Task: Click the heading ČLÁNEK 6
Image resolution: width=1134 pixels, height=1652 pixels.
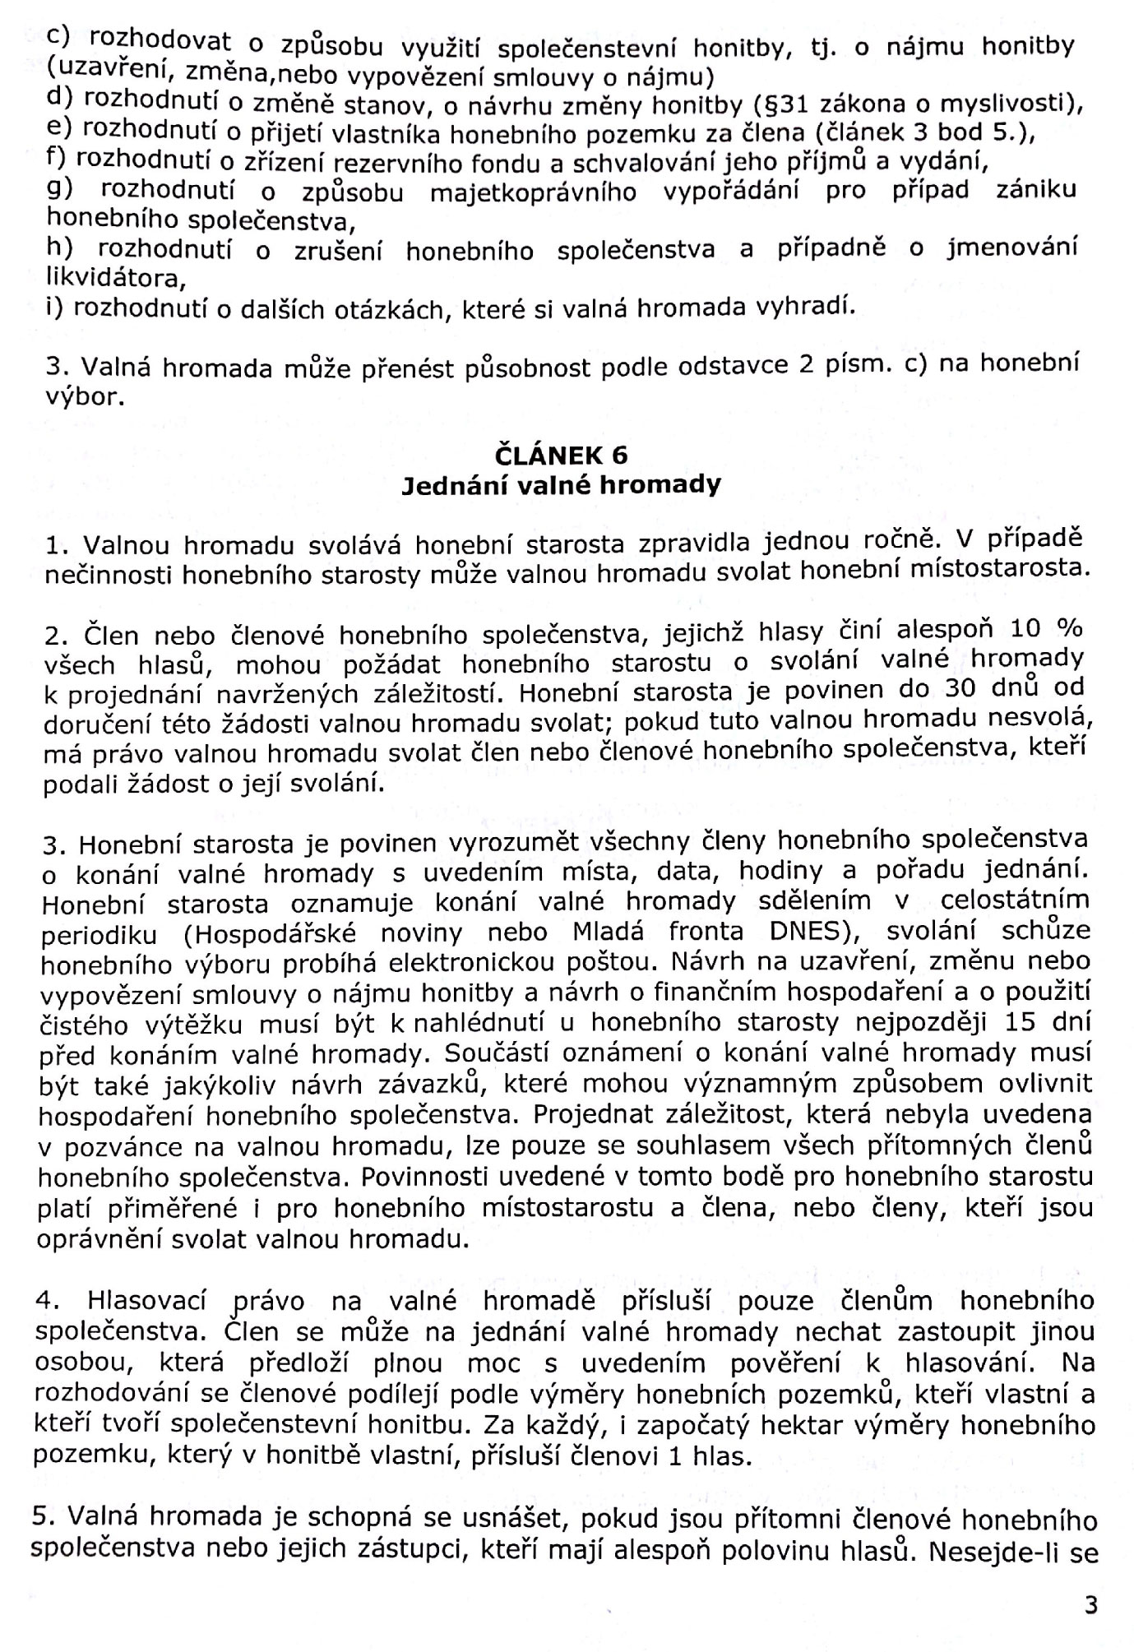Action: [x=561, y=455]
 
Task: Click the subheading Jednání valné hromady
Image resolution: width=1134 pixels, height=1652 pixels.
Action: [x=561, y=485]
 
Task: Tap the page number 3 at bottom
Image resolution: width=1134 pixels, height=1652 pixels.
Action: [x=1090, y=1604]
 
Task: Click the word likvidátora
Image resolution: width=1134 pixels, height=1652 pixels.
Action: [x=115, y=278]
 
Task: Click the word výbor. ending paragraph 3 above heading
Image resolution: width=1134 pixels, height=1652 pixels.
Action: [x=86, y=398]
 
